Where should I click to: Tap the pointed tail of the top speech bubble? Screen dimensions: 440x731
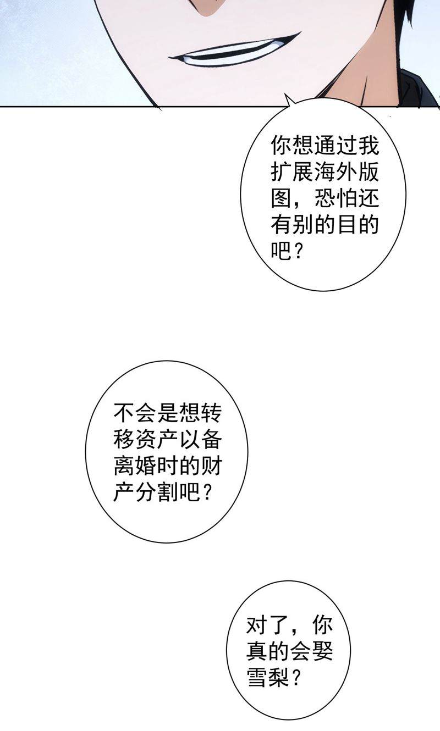[x=285, y=93]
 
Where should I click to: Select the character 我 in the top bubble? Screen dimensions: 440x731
[x=369, y=145]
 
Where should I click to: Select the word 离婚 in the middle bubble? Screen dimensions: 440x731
[x=135, y=466]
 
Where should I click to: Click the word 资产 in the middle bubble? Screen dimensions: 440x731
[x=157, y=440]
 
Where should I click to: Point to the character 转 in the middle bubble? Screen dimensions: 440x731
[x=211, y=413]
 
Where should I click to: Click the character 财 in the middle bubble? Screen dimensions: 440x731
[x=211, y=466]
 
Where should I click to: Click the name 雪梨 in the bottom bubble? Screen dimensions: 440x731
[x=268, y=678]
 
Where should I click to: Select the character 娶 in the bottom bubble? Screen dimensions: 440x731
[x=322, y=651]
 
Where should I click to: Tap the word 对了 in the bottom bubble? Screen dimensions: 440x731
[x=268, y=624]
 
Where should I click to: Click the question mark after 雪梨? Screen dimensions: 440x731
[x=295, y=678]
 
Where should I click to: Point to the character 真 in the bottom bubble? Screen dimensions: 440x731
[x=257, y=651]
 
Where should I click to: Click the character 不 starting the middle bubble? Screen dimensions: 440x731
[x=124, y=413]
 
